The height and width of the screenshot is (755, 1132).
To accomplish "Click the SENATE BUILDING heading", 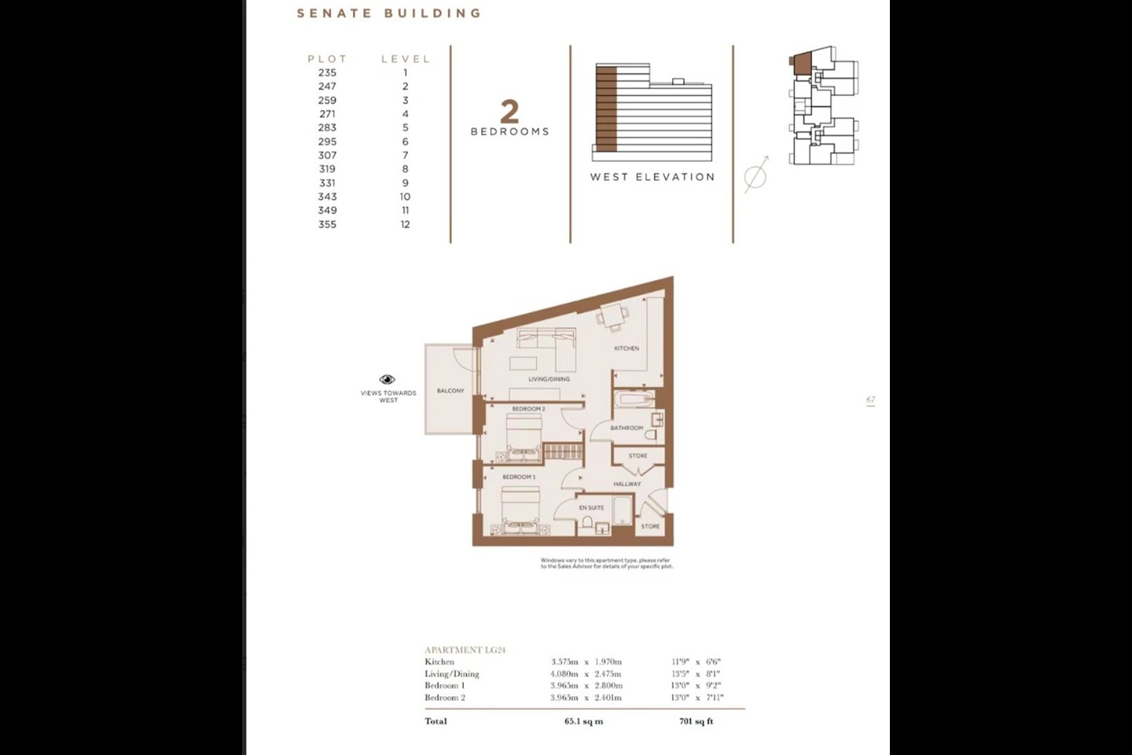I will (x=388, y=13).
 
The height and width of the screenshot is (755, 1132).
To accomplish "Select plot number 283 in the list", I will (x=327, y=127).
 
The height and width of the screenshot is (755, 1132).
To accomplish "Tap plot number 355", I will (x=327, y=224).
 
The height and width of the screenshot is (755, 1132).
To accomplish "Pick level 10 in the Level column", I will (x=405, y=197).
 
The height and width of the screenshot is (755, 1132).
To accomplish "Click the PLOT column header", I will (x=327, y=59).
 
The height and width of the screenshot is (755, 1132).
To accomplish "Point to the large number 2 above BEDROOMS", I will (x=509, y=112).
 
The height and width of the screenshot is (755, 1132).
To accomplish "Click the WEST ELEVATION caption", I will (x=652, y=177).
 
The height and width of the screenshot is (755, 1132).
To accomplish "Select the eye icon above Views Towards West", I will (x=388, y=380).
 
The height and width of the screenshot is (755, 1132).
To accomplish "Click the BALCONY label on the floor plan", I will (x=450, y=391).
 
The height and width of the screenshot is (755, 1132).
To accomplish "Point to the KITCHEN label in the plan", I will (x=627, y=348).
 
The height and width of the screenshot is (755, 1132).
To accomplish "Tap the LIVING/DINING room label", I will (x=549, y=379).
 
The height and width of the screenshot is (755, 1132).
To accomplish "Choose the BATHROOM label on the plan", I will (x=627, y=428).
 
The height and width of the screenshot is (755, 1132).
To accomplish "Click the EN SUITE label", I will (x=591, y=508).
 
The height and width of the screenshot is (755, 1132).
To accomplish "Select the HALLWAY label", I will (x=627, y=484).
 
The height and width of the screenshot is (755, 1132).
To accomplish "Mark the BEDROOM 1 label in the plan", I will (x=519, y=477).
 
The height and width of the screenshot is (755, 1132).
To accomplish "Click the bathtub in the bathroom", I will (x=636, y=400).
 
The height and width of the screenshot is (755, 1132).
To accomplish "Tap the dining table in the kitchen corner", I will (x=613, y=315).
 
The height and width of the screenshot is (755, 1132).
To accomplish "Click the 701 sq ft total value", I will (x=696, y=721).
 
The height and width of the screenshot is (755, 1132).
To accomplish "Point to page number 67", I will (x=870, y=400).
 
